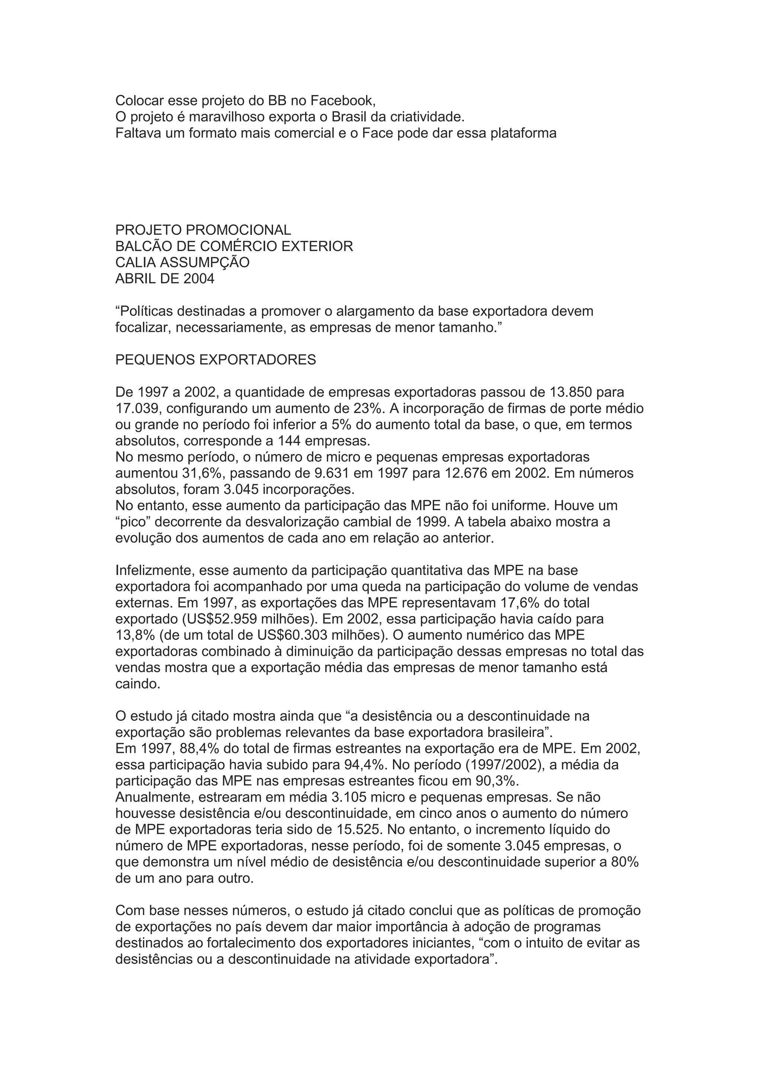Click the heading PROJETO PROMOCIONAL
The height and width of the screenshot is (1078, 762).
(203, 230)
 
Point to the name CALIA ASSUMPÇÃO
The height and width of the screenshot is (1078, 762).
(182, 263)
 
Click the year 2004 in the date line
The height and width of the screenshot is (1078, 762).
(199, 279)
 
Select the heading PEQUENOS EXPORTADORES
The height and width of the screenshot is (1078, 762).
(215, 360)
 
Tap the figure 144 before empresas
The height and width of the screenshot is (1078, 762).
(290, 441)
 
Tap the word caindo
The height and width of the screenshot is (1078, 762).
(138, 684)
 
